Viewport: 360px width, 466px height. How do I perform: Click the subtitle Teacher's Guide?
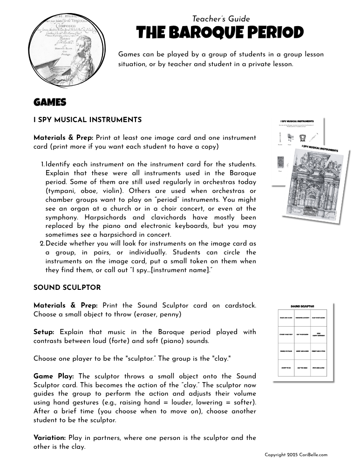coord(221,19)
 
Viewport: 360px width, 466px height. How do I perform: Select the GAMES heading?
coord(50,103)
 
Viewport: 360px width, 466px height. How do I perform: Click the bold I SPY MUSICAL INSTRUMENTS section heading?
coord(88,120)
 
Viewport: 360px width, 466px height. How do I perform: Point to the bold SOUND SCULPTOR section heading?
coord(67,288)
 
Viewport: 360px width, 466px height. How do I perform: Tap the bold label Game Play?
coord(55,376)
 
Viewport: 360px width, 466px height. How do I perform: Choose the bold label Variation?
coord(50,438)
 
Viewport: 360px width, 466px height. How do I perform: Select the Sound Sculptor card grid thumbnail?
coord(302,343)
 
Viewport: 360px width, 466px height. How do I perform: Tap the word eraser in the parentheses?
coord(142,315)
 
